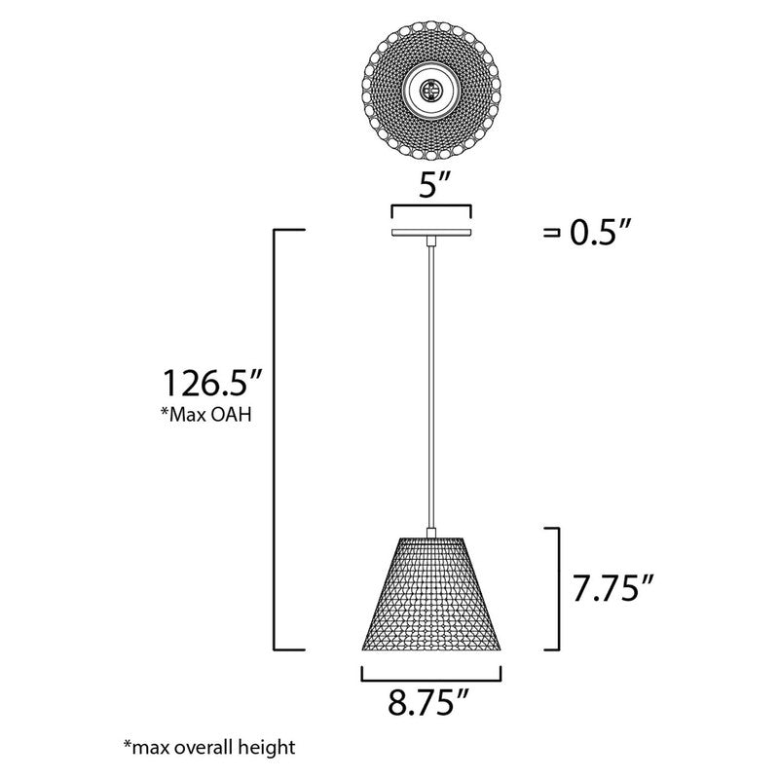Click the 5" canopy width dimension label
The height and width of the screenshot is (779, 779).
(x=429, y=186)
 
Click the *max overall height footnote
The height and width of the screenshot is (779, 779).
(x=208, y=748)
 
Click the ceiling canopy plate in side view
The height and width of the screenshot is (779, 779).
(x=429, y=234)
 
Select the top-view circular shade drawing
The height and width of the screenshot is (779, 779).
(x=429, y=93)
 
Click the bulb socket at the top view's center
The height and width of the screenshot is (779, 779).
(x=429, y=93)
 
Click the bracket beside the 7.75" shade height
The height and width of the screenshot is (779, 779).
(x=556, y=588)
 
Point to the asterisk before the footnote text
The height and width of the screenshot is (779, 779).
(x=128, y=745)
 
